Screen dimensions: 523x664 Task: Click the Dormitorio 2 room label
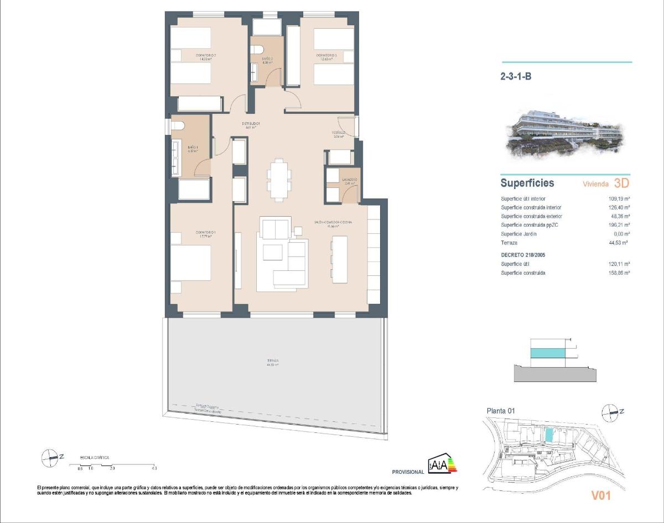[205, 56]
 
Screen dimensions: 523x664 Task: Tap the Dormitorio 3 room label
[326, 56]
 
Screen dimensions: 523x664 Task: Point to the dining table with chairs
[279, 178]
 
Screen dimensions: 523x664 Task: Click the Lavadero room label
[349, 180]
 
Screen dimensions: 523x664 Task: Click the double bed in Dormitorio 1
[191, 263]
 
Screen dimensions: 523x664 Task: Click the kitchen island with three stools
[339, 258]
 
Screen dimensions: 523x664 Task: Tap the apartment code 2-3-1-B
[516, 77]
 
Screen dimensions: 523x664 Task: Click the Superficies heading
[527, 183]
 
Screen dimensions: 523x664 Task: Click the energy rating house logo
[443, 465]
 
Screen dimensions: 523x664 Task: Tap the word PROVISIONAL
[408, 472]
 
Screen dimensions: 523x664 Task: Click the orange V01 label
[600, 496]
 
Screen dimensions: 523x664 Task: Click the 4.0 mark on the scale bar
[154, 468]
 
